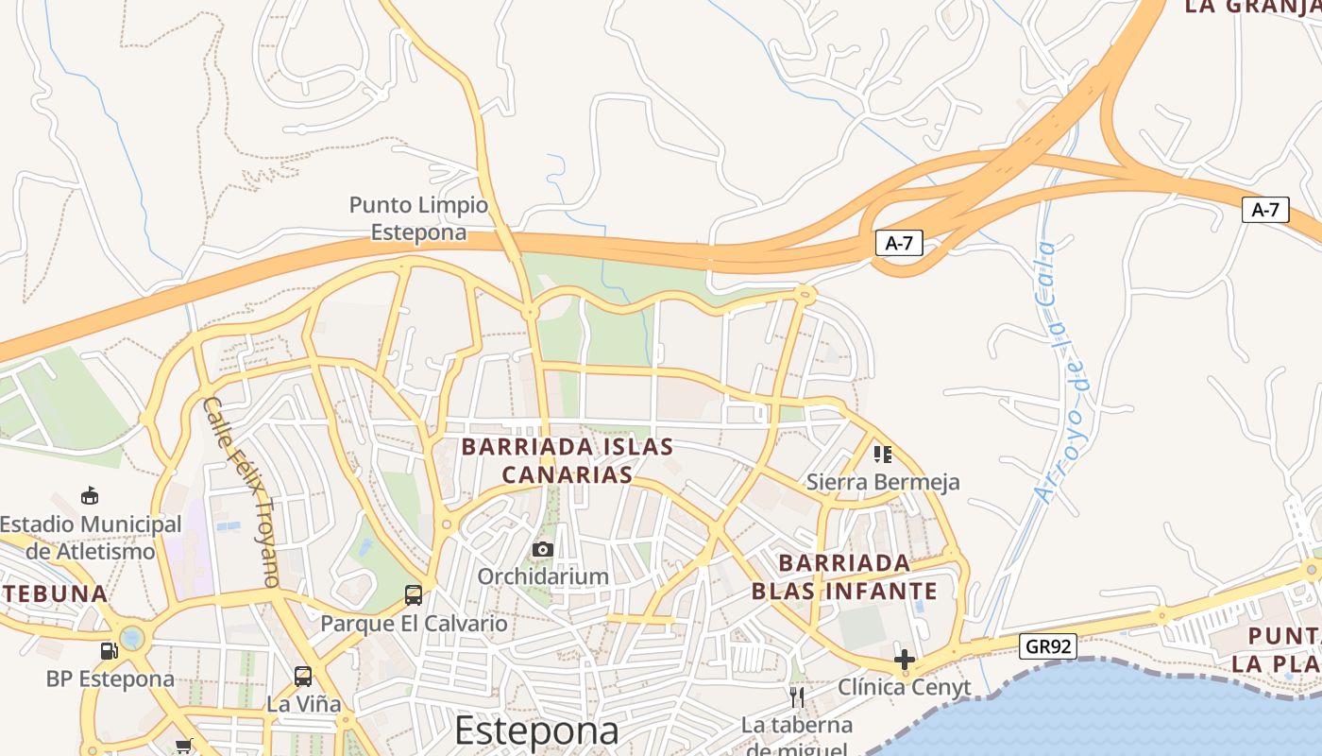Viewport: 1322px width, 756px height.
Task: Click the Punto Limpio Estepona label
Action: point(419,218)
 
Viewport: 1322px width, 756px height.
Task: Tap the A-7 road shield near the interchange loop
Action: point(898,243)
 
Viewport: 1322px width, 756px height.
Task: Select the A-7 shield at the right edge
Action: point(1264,210)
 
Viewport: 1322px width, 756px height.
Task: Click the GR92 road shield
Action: point(1048,646)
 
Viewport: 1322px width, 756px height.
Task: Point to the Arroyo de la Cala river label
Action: point(1059,372)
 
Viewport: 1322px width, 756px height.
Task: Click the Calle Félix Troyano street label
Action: point(243,491)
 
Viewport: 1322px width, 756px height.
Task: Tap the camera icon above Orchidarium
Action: point(542,549)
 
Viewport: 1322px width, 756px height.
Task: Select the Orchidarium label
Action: point(542,576)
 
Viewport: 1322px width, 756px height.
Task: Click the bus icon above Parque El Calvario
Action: point(413,594)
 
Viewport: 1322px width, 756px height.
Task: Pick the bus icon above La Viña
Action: point(302,676)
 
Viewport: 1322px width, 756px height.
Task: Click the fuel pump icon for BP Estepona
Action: point(110,650)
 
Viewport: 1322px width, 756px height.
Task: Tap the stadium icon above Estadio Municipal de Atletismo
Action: point(90,495)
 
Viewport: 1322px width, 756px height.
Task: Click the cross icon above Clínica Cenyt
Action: point(904,659)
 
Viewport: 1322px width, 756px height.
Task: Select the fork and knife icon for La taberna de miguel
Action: point(796,697)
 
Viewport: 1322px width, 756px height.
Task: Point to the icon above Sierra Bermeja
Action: point(883,455)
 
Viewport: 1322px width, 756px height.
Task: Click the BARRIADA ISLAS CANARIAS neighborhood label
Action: point(567,460)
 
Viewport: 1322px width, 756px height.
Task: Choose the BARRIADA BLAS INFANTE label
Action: point(844,577)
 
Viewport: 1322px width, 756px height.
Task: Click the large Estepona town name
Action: point(536,730)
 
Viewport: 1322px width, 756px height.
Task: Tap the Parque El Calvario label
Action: point(414,624)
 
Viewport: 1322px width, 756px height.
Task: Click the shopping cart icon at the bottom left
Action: point(184,747)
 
